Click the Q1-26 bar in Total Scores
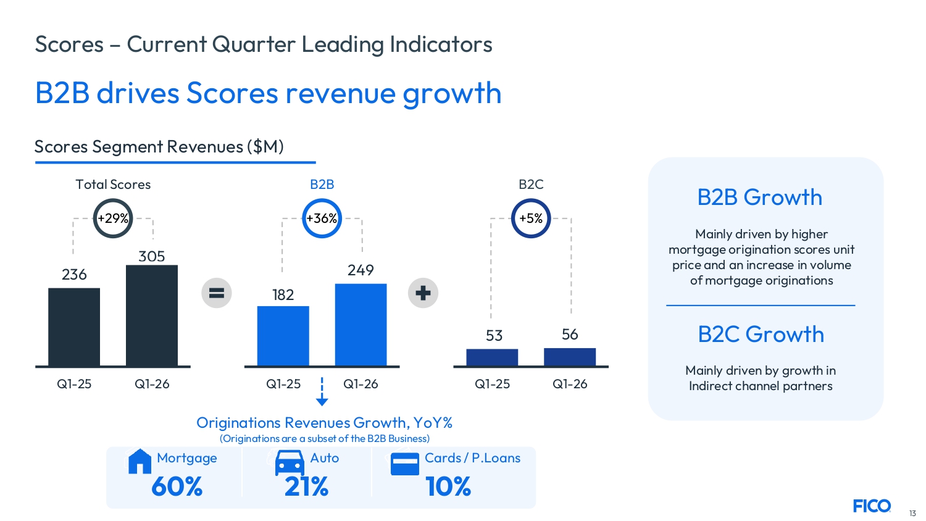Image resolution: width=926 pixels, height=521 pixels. pyautogui.click(x=152, y=315)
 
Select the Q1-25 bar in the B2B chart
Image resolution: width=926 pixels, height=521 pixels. pyautogui.click(x=283, y=336)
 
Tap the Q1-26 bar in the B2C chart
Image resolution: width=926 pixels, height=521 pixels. pyautogui.click(x=569, y=357)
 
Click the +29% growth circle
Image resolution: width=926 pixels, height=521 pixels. pyautogui.click(x=113, y=219)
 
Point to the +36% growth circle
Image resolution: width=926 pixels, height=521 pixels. pyautogui.click(x=322, y=219)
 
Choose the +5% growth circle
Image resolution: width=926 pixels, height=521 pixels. pyautogui.click(x=531, y=219)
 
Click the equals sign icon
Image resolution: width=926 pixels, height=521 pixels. pyautogui.click(x=217, y=293)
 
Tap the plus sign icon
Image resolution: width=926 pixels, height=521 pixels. pyautogui.click(x=423, y=293)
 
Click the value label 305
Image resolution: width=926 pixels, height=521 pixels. pyautogui.click(x=152, y=256)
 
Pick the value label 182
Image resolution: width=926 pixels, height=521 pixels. pyautogui.click(x=283, y=295)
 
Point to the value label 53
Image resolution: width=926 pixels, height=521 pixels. pyautogui.click(x=494, y=336)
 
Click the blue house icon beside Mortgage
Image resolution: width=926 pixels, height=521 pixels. pyautogui.click(x=140, y=461)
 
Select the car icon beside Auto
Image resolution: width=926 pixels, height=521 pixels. pyautogui.click(x=290, y=463)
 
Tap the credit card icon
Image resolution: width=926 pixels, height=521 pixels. pyautogui.click(x=405, y=464)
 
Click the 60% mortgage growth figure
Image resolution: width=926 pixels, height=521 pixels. pyautogui.click(x=177, y=487)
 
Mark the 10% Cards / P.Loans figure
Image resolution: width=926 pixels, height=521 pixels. pyautogui.click(x=448, y=487)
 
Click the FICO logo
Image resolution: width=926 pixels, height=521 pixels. pyautogui.click(x=872, y=506)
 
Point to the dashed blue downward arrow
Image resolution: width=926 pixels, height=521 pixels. pyautogui.click(x=322, y=392)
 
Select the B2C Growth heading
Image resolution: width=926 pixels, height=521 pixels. pyautogui.click(x=761, y=335)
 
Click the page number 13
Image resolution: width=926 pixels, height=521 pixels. pyautogui.click(x=912, y=514)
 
